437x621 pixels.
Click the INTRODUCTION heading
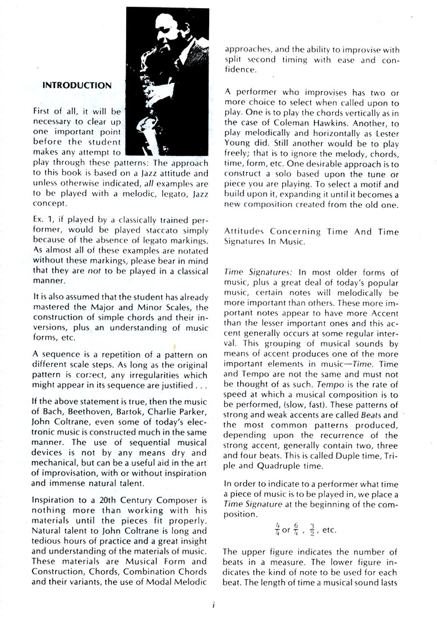[77, 84]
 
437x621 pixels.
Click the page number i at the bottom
[213, 604]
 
